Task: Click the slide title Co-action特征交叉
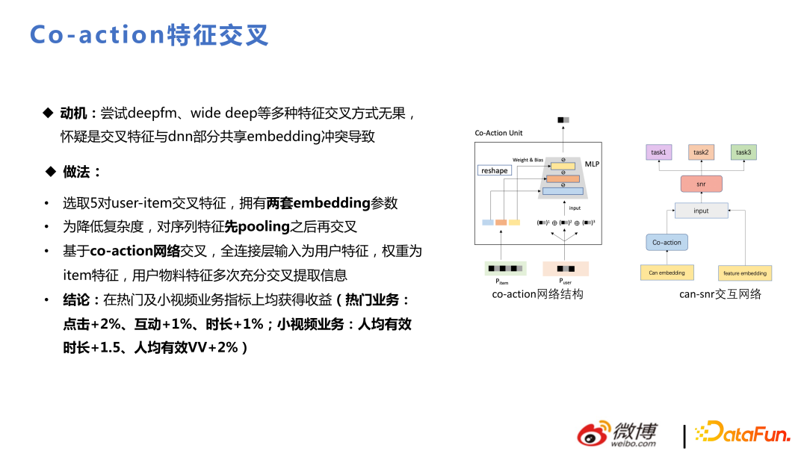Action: tap(149, 35)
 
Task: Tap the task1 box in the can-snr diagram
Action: tap(658, 152)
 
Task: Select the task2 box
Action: tap(701, 152)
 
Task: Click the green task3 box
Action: tap(743, 152)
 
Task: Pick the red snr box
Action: tap(701, 184)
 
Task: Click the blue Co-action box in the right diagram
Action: tap(667, 243)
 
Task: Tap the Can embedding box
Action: tap(667, 273)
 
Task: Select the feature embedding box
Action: tap(744, 273)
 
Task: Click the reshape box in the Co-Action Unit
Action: tap(494, 170)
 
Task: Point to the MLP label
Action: tap(592, 164)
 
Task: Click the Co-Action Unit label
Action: tap(498, 133)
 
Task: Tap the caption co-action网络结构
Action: tap(537, 294)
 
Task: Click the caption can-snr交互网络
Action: tap(720, 294)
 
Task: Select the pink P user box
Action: tap(566, 269)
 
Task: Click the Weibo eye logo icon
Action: tap(594, 434)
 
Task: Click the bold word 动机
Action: tap(74, 113)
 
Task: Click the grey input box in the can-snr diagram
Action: tap(701, 211)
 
